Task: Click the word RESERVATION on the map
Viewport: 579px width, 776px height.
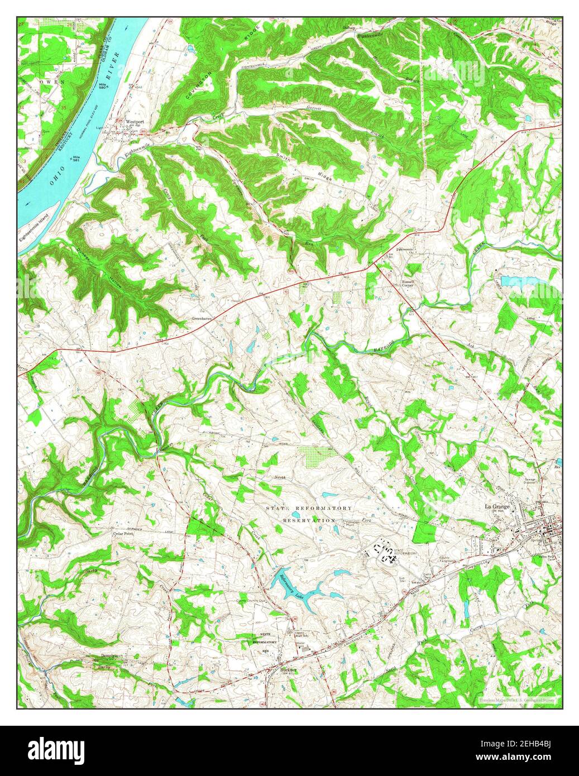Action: click(x=309, y=520)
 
